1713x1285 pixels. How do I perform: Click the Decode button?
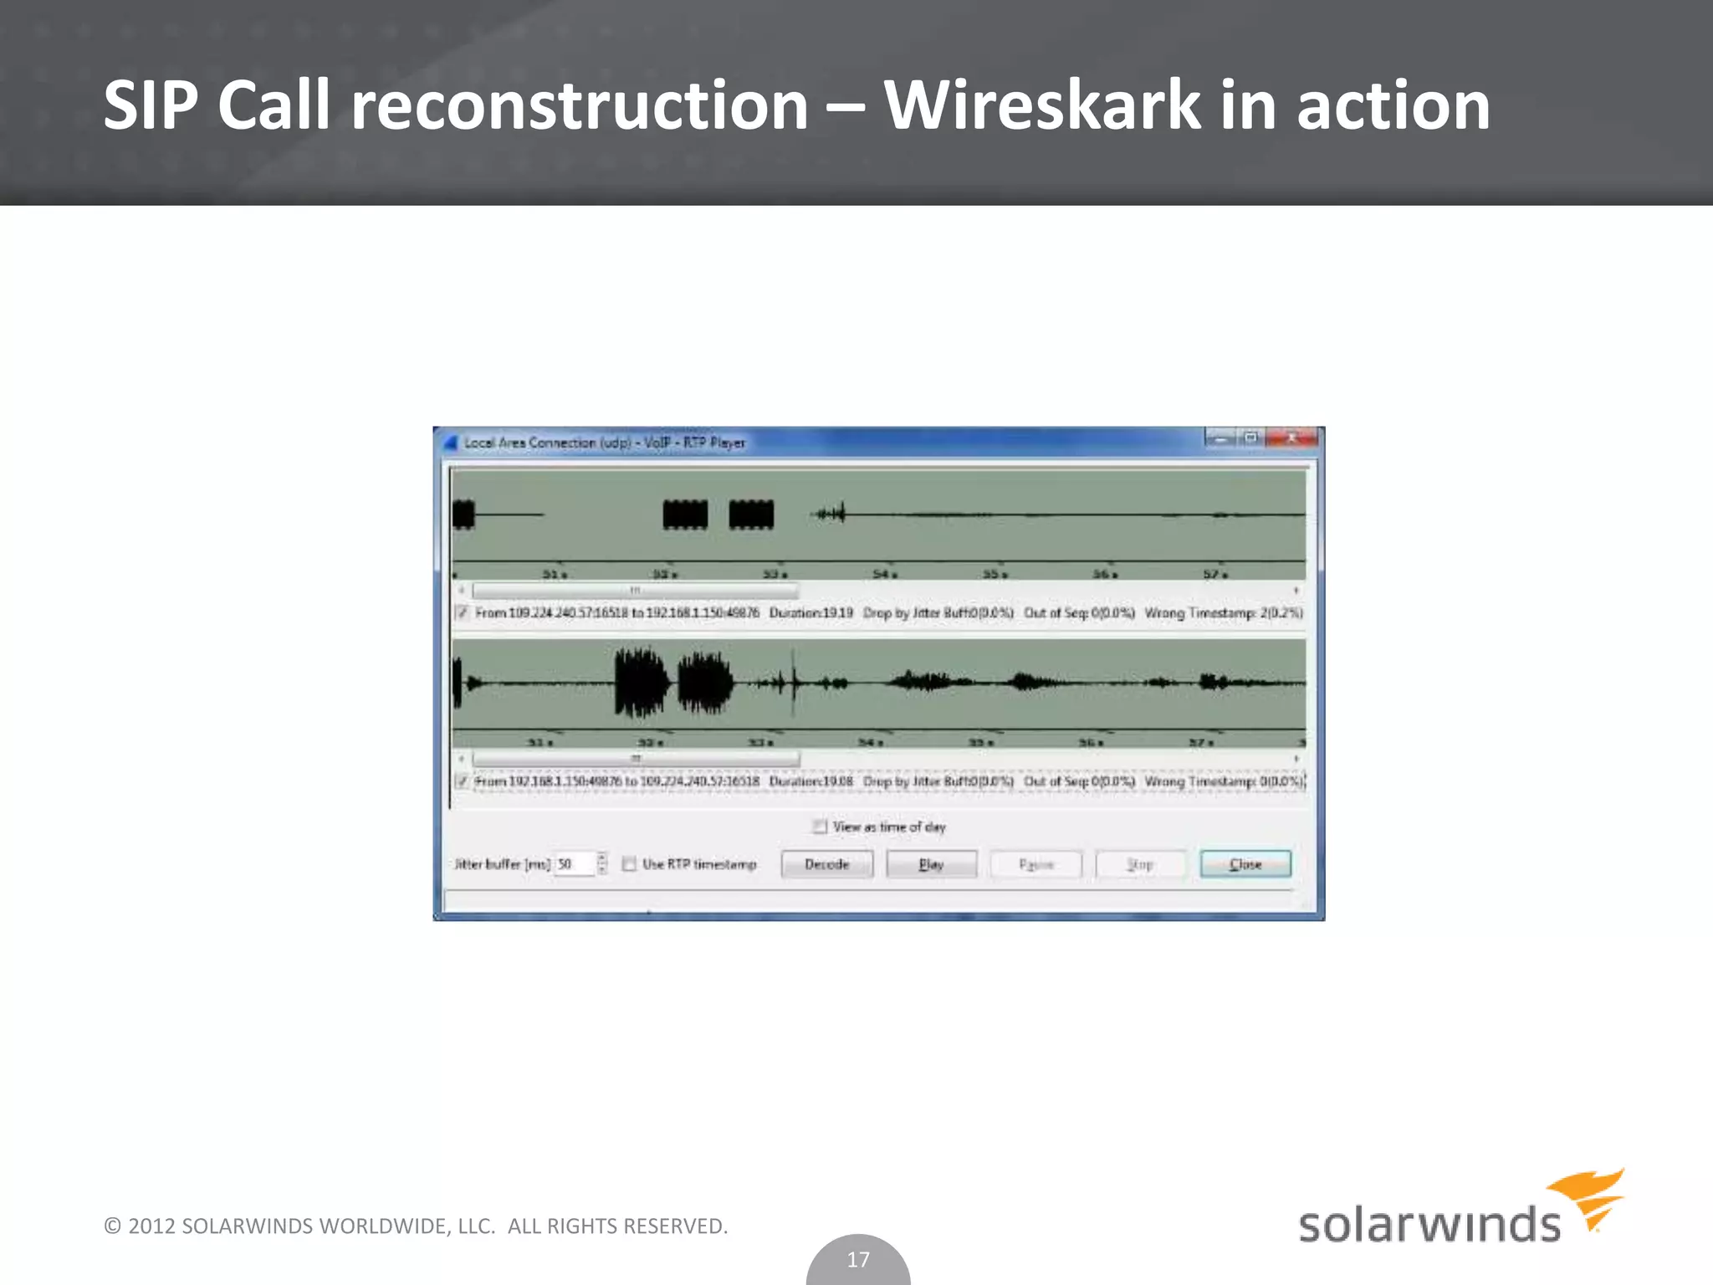[826, 864]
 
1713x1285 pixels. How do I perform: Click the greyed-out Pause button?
[1035, 864]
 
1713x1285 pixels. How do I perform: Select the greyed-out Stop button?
[1140, 864]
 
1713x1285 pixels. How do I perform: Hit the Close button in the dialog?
[1245, 864]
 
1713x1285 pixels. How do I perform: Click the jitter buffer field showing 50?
[574, 864]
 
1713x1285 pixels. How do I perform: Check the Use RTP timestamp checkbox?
[630, 864]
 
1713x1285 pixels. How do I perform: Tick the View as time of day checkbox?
[820, 827]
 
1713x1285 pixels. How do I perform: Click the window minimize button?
[1220, 438]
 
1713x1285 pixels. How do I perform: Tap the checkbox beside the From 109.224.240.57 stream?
[462, 613]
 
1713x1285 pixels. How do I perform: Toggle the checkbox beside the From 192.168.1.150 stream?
[462, 781]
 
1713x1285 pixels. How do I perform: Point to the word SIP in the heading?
[151, 105]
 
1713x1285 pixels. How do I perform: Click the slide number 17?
[858, 1259]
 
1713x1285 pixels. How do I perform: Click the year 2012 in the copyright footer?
[151, 1226]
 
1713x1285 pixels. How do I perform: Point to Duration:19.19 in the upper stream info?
[811, 613]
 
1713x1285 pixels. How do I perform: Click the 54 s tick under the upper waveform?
[883, 575]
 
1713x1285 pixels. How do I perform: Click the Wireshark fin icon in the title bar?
[450, 443]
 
